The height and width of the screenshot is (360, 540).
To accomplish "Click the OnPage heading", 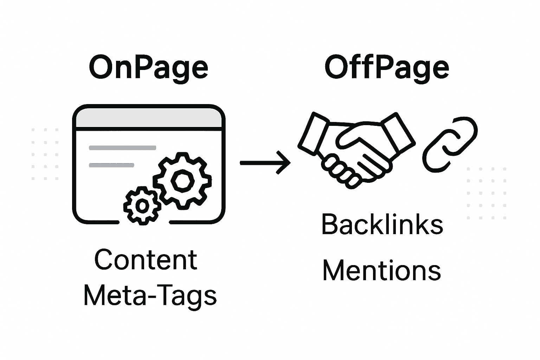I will (x=148, y=67).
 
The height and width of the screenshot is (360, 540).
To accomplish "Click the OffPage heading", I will (x=386, y=67).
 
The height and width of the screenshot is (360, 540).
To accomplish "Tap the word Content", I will (x=146, y=260).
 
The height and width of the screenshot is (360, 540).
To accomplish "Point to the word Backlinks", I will (x=382, y=225).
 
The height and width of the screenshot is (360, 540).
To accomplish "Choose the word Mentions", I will (x=382, y=271).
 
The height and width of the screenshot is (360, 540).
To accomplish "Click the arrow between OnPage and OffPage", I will (x=265, y=162).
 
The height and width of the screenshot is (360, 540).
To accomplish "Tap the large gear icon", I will (x=182, y=180).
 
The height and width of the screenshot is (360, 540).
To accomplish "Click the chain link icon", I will (x=450, y=144).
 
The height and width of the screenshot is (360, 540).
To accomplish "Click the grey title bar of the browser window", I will (x=149, y=118).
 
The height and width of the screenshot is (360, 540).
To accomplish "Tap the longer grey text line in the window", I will (x=122, y=148).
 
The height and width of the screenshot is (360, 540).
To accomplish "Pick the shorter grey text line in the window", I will (x=111, y=165).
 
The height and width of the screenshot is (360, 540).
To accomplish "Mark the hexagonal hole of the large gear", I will (x=182, y=180).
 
